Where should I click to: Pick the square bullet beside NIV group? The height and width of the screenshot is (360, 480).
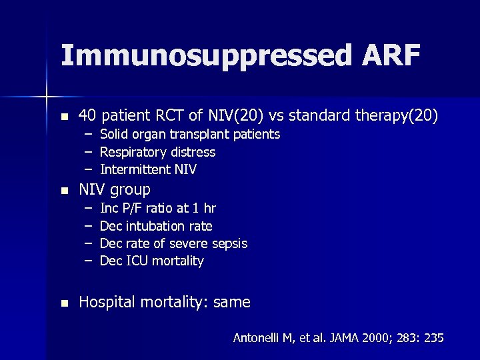point(64,190)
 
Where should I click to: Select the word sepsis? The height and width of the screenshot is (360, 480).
point(229,243)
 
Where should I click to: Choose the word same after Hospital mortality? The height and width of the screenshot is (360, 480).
point(232,303)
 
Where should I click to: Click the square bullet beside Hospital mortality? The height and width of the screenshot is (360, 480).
point(64,303)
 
